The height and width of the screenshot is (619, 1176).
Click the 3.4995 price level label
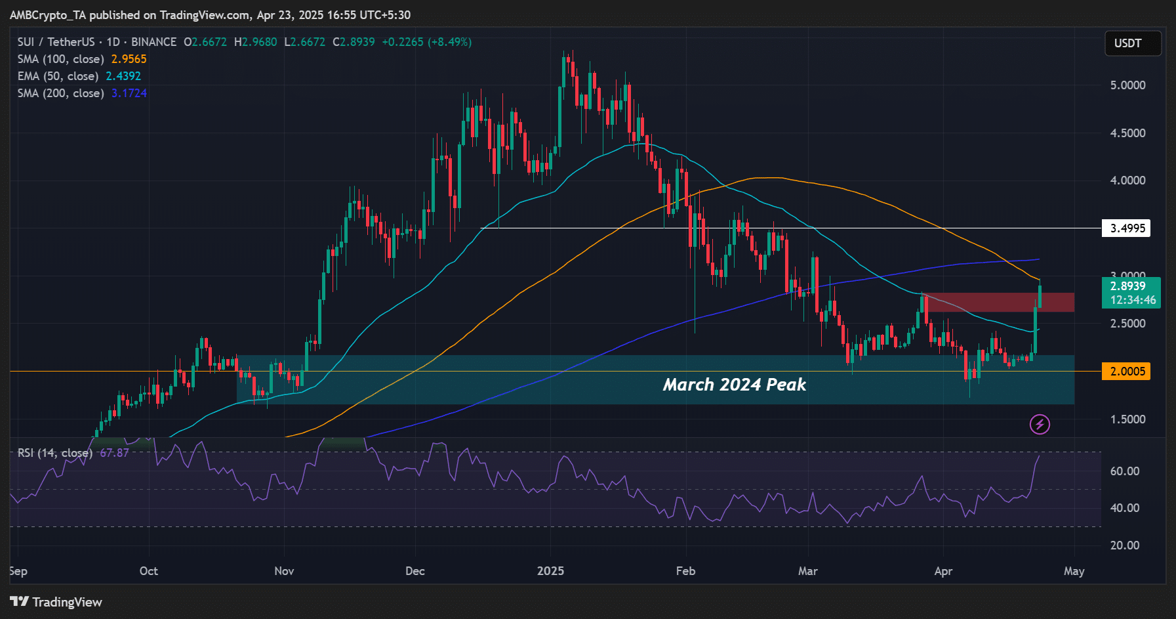tap(1127, 228)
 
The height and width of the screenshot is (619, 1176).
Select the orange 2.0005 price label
tap(1127, 372)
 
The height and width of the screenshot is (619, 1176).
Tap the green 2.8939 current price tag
tap(1131, 293)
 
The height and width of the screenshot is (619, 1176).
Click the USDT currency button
tap(1133, 43)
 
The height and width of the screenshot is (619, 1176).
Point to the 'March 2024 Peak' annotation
tap(734, 385)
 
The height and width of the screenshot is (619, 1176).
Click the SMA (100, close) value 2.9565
tap(129, 59)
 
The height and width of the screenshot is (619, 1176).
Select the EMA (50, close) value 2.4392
tap(123, 76)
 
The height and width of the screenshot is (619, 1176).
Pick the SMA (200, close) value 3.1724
tap(129, 93)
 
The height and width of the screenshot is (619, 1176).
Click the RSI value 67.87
tap(114, 453)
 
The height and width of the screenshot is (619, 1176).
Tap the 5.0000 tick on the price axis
tap(1127, 85)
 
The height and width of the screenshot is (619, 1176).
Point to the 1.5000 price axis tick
tap(1127, 419)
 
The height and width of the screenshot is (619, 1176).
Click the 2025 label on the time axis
tap(550, 571)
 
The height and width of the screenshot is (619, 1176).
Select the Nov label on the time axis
tap(284, 571)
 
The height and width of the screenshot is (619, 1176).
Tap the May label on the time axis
tap(1074, 571)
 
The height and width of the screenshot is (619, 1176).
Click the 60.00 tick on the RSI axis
tap(1124, 471)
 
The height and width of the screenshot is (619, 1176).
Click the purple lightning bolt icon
tap(1040, 425)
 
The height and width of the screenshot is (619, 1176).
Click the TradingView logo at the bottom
tap(56, 602)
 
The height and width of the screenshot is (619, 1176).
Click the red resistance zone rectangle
tap(997, 303)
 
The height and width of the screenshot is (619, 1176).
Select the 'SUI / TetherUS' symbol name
tap(56, 42)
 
